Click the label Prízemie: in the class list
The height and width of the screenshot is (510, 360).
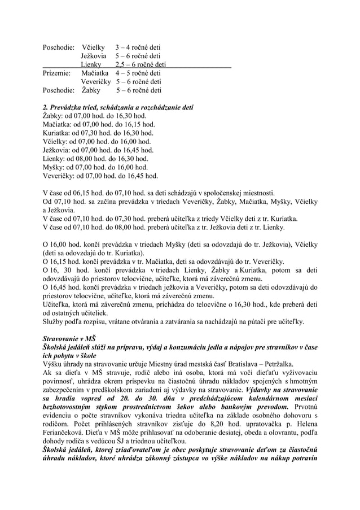[x=56, y=73]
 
